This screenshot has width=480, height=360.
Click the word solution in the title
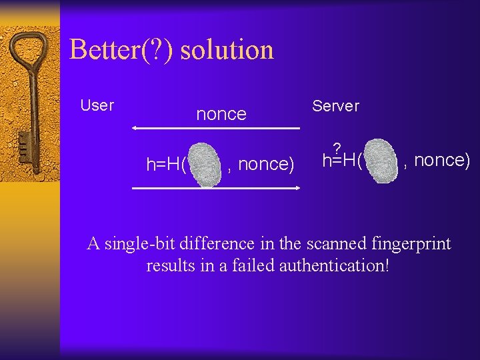tap(227, 50)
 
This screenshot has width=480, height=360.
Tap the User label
tap(97, 105)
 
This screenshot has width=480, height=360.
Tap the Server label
tap(335, 106)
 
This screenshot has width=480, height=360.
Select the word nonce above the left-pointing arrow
tap(221, 114)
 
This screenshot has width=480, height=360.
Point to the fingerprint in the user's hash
tap(206, 163)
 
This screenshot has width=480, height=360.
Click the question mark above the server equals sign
tap(337, 147)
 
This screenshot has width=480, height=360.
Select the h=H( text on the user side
tap(166, 165)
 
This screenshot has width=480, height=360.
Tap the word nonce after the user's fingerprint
tap(265, 164)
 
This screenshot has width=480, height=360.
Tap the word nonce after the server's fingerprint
tap(442, 160)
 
